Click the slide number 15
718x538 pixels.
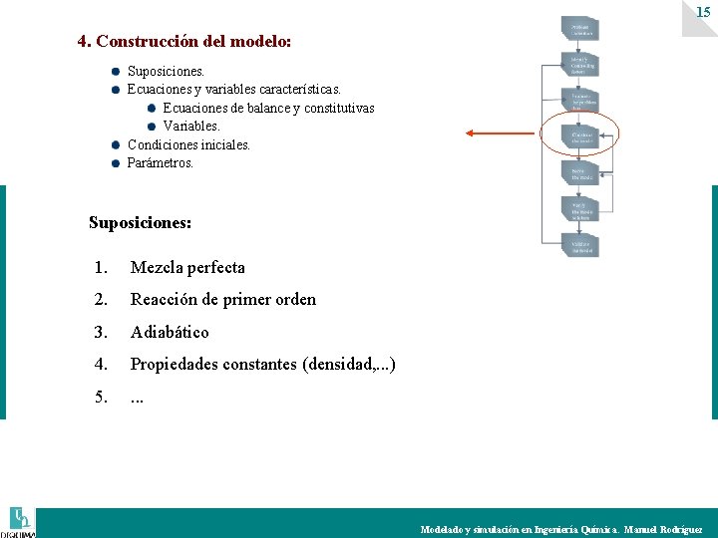(x=703, y=12)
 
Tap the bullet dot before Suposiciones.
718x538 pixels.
(x=116, y=72)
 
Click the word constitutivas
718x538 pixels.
(x=336, y=109)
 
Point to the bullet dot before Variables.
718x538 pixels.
(x=152, y=127)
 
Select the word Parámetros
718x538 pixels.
(x=161, y=162)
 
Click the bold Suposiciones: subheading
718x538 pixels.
(x=140, y=222)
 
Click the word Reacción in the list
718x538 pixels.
(x=165, y=299)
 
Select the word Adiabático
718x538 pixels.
(x=170, y=332)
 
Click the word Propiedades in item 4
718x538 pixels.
(x=181, y=365)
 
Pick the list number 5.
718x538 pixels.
(x=101, y=397)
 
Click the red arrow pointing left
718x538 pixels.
(x=499, y=134)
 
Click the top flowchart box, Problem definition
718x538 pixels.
(x=581, y=28)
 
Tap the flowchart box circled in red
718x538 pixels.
(x=581, y=136)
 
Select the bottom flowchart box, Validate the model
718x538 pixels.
(x=581, y=246)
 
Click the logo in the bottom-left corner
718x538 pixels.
(x=20, y=521)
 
